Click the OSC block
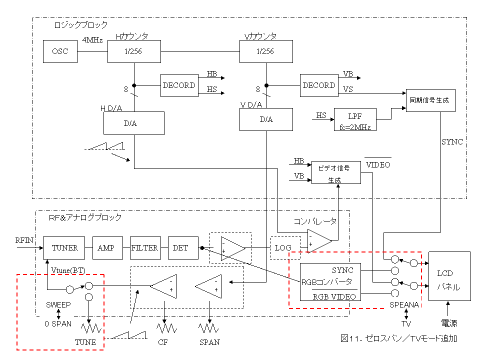(x=60, y=52)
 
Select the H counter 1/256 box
(x=134, y=52)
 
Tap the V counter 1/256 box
(x=265, y=52)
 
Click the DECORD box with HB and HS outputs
(x=178, y=85)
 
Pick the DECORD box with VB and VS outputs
(x=318, y=85)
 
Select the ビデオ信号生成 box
(x=335, y=172)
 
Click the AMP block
(x=105, y=248)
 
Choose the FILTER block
(x=144, y=248)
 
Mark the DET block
(x=180, y=248)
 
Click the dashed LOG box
(x=282, y=248)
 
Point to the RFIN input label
(x=25, y=240)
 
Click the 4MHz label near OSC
(x=92, y=40)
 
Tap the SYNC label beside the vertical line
(x=452, y=142)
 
